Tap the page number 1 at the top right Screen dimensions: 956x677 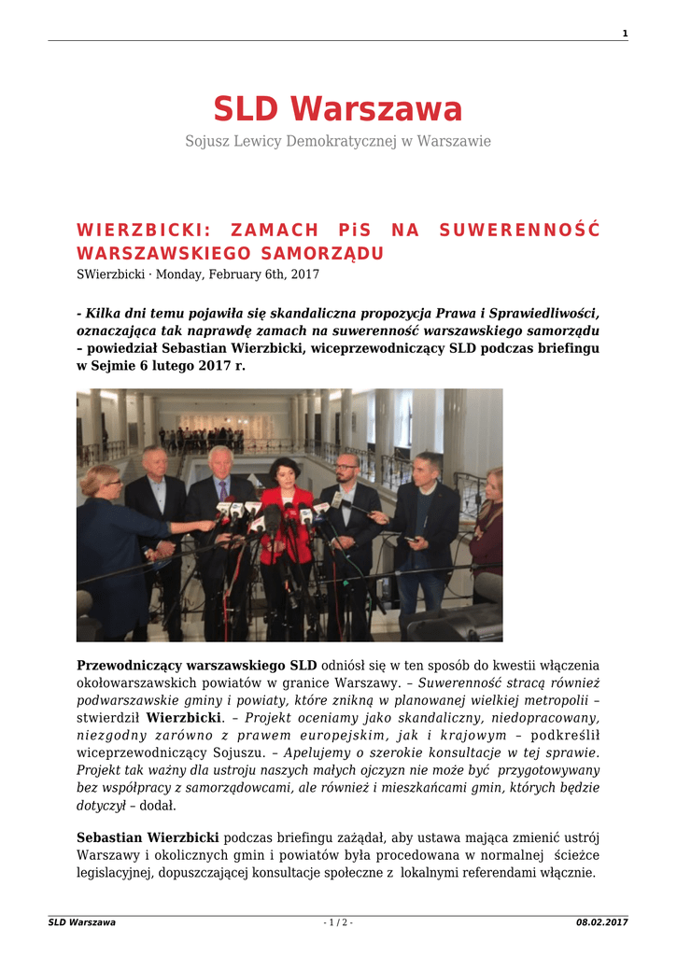pyautogui.click(x=624, y=35)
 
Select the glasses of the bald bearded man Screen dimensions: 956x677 pyautogui.click(x=347, y=465)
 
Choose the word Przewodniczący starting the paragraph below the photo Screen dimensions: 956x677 pyautogui.click(x=129, y=666)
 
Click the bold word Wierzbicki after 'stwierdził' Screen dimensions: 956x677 pyautogui.click(x=183, y=718)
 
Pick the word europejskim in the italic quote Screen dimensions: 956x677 pyautogui.click(x=364, y=736)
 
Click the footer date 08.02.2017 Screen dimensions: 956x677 pyautogui.click(x=601, y=922)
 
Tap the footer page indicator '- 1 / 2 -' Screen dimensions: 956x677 pyautogui.click(x=338, y=922)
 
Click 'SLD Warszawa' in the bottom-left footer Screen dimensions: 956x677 pyautogui.click(x=82, y=922)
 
